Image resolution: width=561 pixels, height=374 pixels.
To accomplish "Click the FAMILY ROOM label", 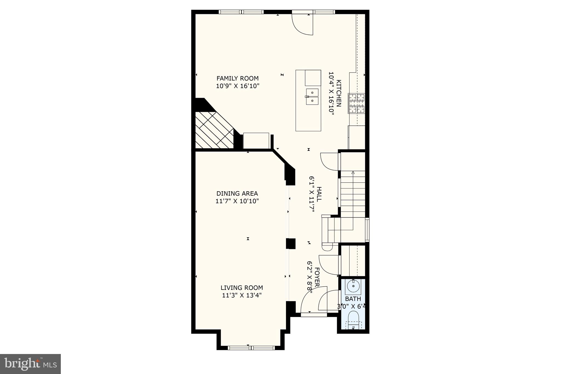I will (x=237, y=78).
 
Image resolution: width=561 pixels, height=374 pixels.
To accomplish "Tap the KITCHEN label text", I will (x=339, y=93).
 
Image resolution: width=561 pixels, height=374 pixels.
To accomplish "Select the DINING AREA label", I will (x=237, y=193).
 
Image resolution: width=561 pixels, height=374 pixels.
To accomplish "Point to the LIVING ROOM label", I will (x=242, y=288).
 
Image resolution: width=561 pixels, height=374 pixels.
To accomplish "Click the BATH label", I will (x=353, y=299).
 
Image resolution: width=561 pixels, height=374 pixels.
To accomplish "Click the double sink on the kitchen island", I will (x=312, y=97).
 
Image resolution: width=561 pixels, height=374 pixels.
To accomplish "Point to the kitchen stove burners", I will (x=357, y=103).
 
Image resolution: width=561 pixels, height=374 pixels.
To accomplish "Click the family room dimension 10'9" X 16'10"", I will (x=237, y=86).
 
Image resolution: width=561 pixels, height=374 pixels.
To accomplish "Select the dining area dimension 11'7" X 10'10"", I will (x=237, y=201).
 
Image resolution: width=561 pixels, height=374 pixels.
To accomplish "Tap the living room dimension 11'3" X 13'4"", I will (x=242, y=295).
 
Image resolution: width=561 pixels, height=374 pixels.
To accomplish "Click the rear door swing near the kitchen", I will (x=303, y=25).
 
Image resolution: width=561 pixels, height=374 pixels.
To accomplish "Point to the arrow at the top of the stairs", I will (x=353, y=173).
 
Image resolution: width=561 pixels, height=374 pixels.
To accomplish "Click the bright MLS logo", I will (x=30, y=364).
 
